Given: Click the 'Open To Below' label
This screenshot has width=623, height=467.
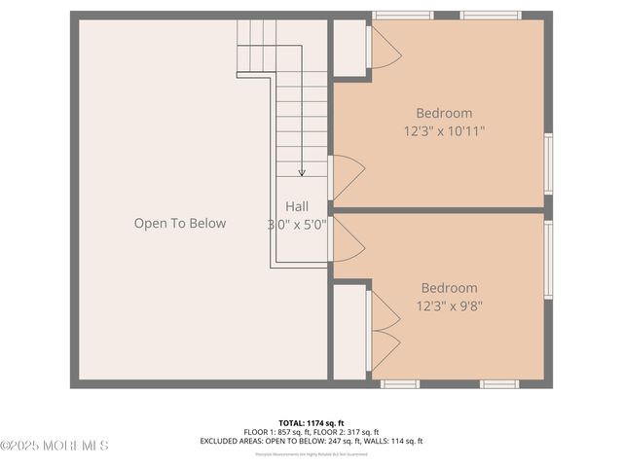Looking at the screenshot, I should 180,224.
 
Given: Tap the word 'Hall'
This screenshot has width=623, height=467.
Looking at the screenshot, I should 297,206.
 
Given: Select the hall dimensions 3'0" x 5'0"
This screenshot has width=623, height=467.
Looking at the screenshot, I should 298,224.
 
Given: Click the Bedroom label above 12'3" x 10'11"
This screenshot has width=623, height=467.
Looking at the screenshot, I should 444,113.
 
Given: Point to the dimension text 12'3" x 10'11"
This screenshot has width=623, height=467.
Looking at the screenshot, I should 444,130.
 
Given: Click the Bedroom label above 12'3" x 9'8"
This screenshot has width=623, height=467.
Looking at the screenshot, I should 449,288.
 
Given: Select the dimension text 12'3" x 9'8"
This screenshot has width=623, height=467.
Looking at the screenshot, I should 449,305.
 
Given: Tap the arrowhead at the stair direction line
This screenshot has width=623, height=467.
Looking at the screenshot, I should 302,172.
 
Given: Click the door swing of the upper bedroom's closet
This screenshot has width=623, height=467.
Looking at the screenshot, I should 383,50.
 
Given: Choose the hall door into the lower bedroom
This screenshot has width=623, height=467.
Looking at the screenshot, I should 346,239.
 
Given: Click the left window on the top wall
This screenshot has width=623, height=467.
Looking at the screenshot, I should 403,16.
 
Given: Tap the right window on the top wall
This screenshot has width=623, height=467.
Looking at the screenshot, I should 490,16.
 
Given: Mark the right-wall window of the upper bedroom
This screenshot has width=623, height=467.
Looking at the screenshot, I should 548,163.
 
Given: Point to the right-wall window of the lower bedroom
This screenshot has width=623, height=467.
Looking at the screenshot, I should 548,259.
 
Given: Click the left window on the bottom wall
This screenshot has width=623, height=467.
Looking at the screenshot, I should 399,384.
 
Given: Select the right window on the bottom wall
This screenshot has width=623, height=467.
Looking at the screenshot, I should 499,384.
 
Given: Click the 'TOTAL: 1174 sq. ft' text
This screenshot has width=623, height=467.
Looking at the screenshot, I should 311,423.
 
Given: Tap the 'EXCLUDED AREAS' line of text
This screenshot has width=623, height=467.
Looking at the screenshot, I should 311,441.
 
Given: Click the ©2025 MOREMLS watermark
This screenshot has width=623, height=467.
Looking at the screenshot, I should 55,446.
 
